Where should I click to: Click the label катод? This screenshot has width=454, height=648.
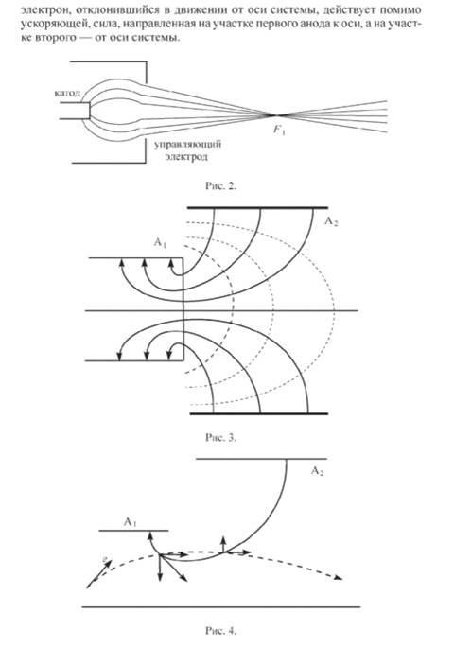point(67,93)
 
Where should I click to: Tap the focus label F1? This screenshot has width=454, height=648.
point(279,131)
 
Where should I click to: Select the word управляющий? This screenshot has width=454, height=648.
point(188,145)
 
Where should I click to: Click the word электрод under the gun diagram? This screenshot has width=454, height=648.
point(186,157)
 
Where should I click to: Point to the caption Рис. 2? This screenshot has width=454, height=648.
point(220,185)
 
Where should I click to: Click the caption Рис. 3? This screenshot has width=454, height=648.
point(220,437)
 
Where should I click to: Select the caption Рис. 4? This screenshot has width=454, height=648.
point(220,631)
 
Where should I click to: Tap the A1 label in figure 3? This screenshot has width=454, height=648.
point(160,242)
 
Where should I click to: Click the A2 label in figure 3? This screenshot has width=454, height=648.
point(331,222)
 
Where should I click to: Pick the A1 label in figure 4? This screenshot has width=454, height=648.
point(131,522)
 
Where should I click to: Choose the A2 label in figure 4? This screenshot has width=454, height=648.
point(317,471)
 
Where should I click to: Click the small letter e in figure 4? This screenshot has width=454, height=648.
point(105,560)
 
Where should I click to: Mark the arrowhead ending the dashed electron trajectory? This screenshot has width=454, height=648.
point(340,578)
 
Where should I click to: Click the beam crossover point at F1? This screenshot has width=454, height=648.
point(276,114)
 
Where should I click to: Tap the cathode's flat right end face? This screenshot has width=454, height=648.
point(90,111)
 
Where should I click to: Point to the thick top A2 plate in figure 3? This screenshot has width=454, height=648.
point(257,208)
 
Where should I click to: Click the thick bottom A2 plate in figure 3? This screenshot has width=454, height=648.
point(258,413)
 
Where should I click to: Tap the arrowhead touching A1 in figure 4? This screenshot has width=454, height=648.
point(150,536)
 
